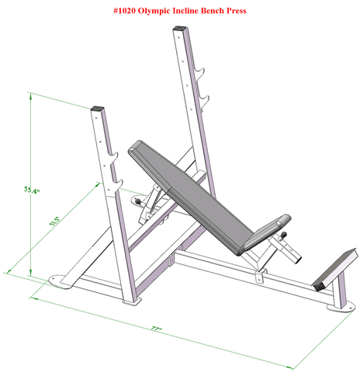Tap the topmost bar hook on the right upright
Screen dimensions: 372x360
tap(202, 74)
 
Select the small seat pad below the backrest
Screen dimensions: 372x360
tap(268, 229)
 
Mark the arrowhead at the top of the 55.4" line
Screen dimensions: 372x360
tap(30, 95)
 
